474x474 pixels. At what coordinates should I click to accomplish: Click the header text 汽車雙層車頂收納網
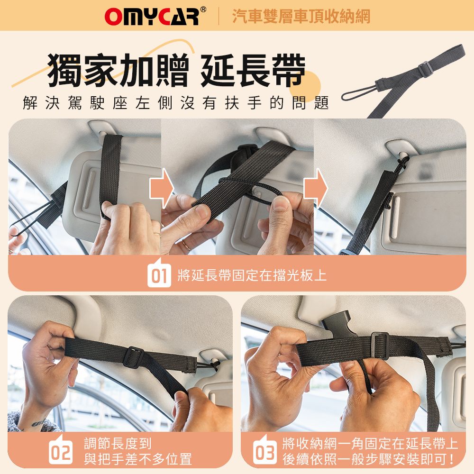pos(301,16)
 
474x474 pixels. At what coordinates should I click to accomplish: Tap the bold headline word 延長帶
pos(253,70)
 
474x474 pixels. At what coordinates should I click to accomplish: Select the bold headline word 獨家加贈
pos(118,70)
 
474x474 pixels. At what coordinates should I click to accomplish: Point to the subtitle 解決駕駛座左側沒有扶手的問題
pos(176,103)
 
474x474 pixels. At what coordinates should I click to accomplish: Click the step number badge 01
pos(159,275)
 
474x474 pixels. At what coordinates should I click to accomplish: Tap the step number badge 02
pos(61,452)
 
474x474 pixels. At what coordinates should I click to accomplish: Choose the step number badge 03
pos(265,452)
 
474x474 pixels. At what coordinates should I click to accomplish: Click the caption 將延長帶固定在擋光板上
pos(252,275)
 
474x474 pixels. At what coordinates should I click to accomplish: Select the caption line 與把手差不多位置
pos(138,459)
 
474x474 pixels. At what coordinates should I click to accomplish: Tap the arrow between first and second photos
pos(162,188)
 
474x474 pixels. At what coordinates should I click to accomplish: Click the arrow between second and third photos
pos(315,188)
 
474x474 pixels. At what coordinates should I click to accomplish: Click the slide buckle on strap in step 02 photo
pos(134,357)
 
